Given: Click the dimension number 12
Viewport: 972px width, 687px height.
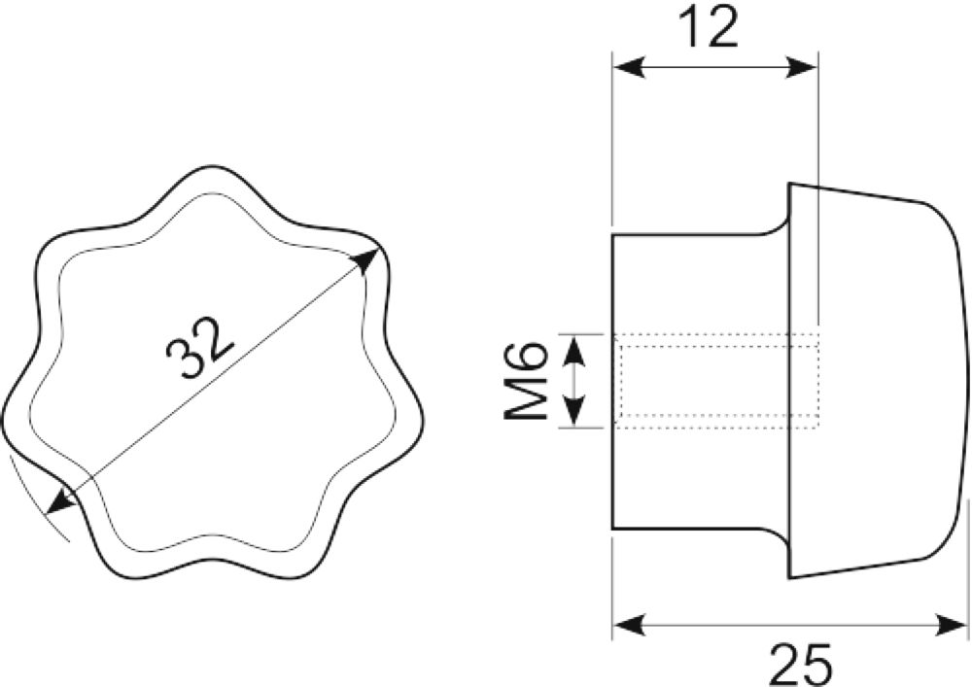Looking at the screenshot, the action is coord(709,27).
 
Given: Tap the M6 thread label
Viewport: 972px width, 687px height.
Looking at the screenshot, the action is coord(526,381).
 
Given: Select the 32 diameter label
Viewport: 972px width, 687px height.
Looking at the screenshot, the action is coord(201,348).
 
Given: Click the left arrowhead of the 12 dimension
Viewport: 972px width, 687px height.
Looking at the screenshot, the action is coord(630,67).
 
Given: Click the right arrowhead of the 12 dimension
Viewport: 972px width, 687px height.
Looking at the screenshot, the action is coord(801,67).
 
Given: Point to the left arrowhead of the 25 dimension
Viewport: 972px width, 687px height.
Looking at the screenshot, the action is coord(630,624).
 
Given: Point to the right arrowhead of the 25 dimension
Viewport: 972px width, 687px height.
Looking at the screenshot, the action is coord(950,624).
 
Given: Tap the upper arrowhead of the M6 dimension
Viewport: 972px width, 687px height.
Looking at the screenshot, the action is coord(576,350).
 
